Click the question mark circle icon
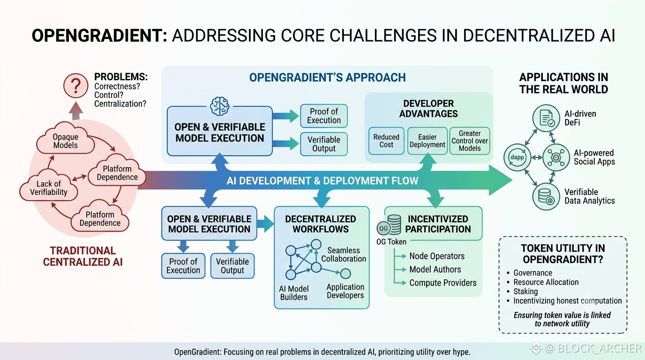click(x=76, y=86)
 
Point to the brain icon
click(x=220, y=106)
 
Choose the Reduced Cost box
click(x=386, y=141)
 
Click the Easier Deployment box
click(x=427, y=141)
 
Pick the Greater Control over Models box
click(x=470, y=141)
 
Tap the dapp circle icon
click(x=517, y=157)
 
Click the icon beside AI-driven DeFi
click(x=546, y=118)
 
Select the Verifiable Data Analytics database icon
click(x=546, y=196)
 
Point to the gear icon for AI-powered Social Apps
click(x=556, y=157)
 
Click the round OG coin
click(x=383, y=228)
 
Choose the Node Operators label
click(x=437, y=256)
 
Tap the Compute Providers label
click(x=443, y=283)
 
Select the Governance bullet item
click(x=530, y=273)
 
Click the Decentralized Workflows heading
click(x=321, y=224)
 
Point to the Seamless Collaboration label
click(x=344, y=255)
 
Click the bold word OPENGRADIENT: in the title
click(x=99, y=36)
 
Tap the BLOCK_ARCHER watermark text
click(x=599, y=348)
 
